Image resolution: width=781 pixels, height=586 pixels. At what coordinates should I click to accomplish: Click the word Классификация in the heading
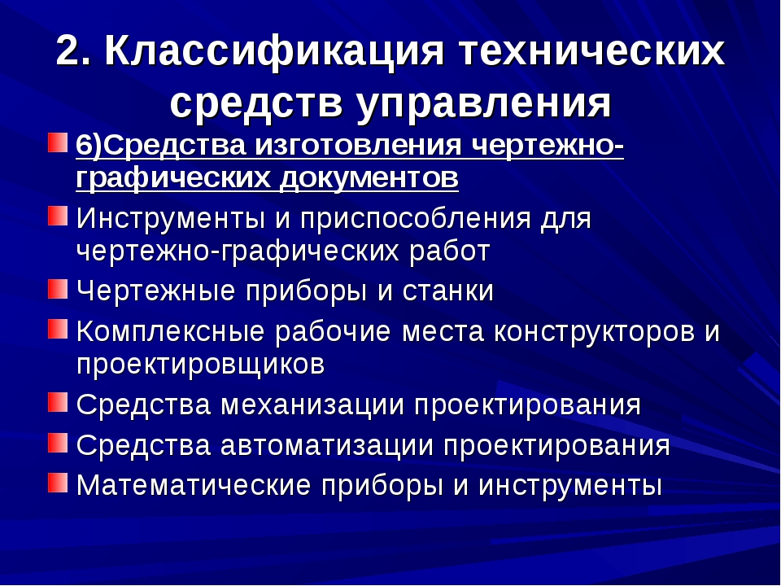(274, 52)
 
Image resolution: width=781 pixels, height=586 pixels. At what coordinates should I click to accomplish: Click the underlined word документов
(369, 178)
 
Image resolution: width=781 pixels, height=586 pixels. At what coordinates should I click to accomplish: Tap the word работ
(450, 251)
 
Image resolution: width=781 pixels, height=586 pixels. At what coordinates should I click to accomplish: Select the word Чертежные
(155, 291)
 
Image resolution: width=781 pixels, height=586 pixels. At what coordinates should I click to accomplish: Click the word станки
(447, 291)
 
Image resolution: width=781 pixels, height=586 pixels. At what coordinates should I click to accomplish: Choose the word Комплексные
(170, 331)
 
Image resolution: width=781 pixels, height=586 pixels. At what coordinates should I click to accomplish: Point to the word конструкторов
(594, 332)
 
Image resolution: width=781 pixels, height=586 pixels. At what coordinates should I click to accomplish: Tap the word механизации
(312, 405)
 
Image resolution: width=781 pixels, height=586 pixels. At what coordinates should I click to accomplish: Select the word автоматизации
(327, 445)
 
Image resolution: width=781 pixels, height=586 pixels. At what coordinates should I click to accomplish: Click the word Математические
(194, 485)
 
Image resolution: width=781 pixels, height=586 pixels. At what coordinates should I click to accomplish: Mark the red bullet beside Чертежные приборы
(58, 289)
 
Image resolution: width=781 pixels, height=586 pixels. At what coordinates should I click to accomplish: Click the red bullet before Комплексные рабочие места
(58, 329)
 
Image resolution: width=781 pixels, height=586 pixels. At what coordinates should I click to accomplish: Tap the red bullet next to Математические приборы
(58, 483)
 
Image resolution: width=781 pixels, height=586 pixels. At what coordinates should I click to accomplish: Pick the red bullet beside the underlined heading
(58, 142)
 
